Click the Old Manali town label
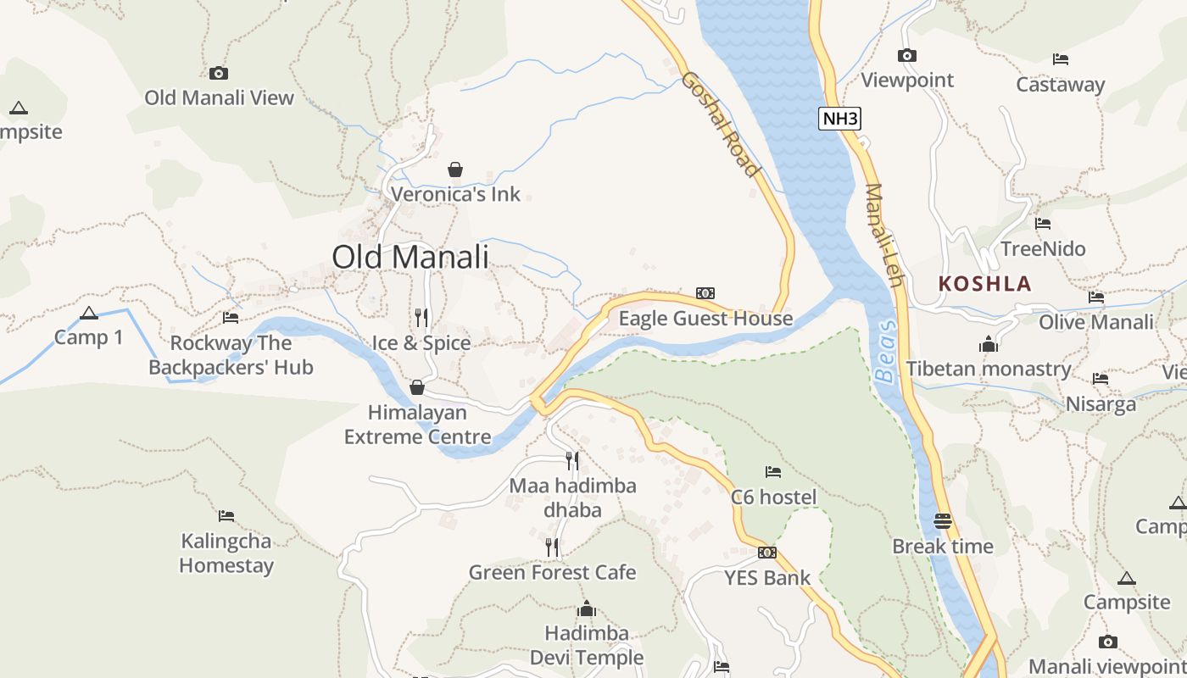point(410,257)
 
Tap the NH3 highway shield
point(839,119)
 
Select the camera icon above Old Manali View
point(219,74)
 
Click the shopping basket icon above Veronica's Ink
point(455,169)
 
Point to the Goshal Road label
point(721,124)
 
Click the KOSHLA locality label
point(985,284)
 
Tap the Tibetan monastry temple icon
point(988,345)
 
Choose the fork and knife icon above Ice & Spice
point(421,318)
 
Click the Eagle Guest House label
point(705,319)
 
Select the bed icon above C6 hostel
point(772,472)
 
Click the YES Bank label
point(767,578)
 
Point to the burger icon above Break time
point(943,521)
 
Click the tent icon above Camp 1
point(89,314)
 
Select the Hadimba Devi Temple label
point(587,645)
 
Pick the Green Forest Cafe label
point(552,572)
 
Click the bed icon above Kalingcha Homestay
point(226,515)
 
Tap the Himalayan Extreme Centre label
point(417,425)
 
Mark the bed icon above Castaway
point(1060,59)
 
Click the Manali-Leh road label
point(883,236)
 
